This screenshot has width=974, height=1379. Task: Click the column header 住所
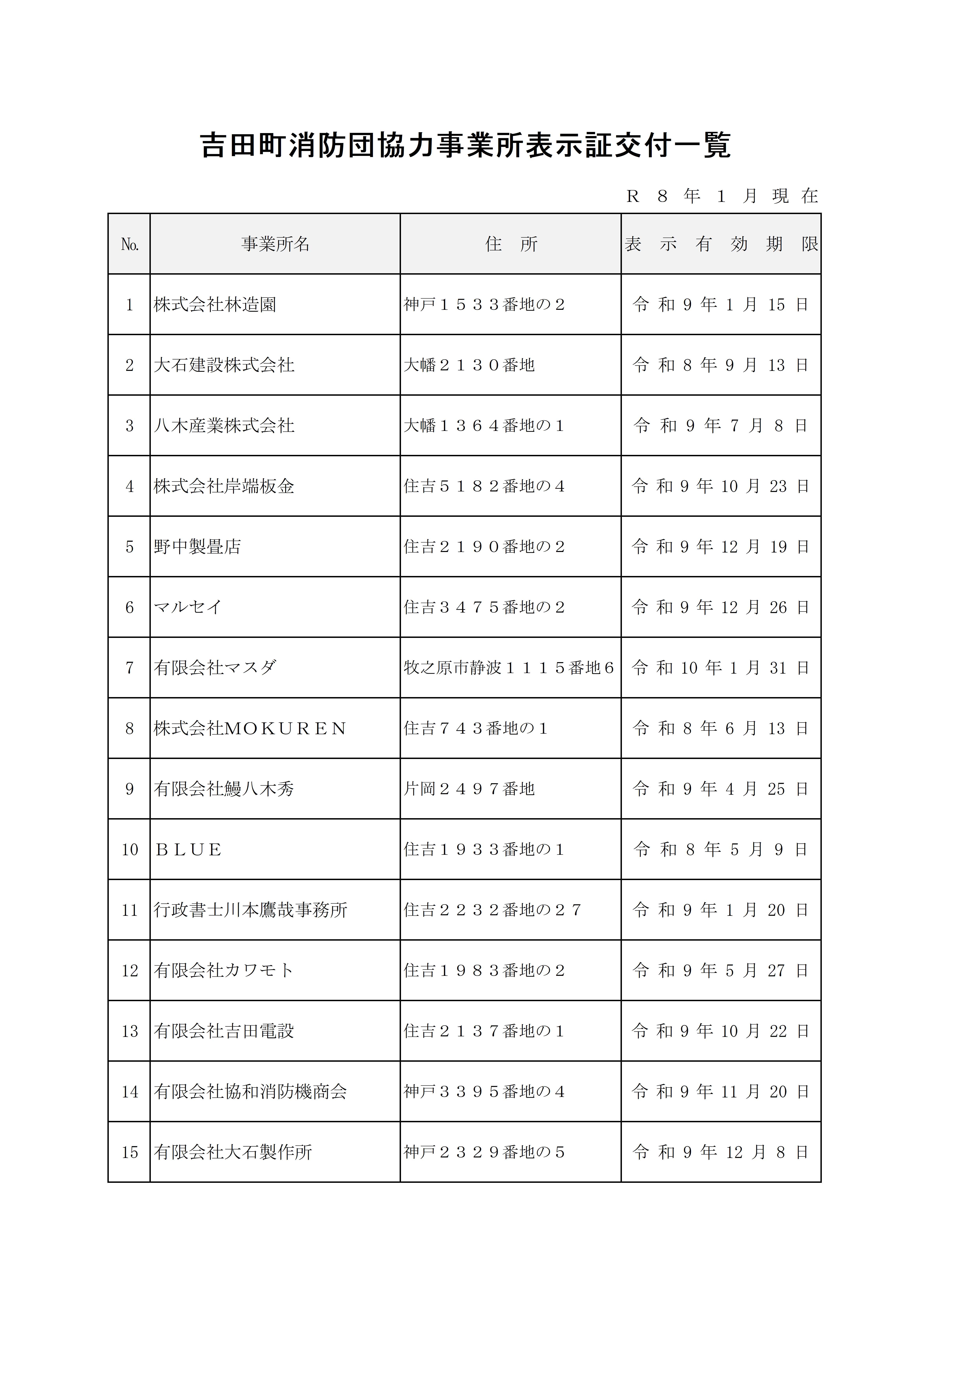(x=511, y=244)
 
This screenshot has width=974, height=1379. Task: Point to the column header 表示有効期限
(x=721, y=244)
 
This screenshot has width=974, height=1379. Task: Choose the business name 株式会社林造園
(x=215, y=305)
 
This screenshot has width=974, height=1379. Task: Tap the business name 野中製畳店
(x=197, y=546)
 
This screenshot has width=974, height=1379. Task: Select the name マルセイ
(x=188, y=607)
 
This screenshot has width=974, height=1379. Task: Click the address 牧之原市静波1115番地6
(x=509, y=668)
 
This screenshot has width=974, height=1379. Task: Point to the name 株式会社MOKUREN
(x=250, y=729)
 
